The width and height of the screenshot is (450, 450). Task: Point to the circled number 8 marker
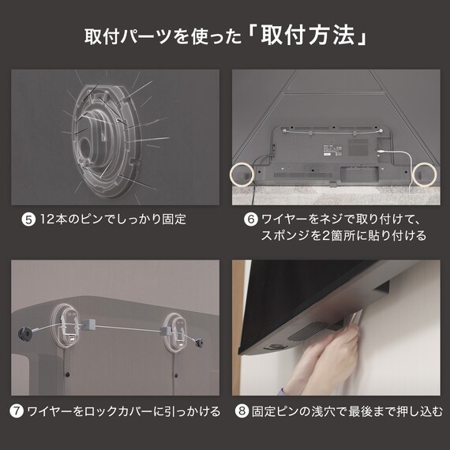242,411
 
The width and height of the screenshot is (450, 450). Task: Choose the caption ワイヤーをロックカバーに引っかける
123,411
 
